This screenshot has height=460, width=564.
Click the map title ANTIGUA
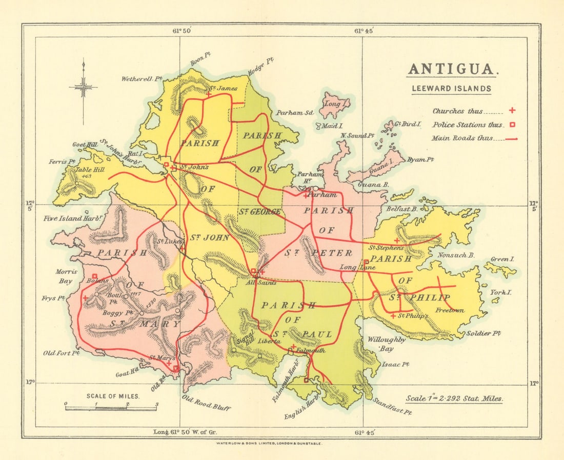[x=452, y=69]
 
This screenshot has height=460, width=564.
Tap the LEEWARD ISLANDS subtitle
[x=452, y=88]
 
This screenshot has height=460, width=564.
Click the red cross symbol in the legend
[x=511, y=110]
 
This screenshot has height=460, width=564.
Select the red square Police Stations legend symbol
[x=511, y=124]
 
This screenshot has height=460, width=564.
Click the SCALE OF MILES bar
[x=111, y=408]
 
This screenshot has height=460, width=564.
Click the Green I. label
[x=502, y=259]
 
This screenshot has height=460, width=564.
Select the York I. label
[x=498, y=292]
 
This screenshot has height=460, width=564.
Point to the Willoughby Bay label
[x=386, y=344]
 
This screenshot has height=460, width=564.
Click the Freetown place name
[x=450, y=310]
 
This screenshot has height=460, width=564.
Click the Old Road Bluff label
[x=206, y=403]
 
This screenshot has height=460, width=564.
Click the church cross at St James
[x=209, y=93]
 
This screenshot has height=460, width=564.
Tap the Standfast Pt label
[x=392, y=406]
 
